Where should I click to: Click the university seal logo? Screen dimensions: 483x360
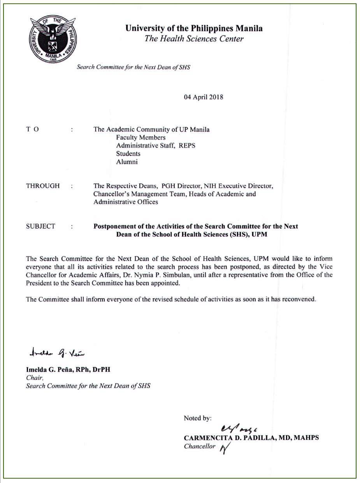point(53,41)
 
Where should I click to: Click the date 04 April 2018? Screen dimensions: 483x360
point(204,97)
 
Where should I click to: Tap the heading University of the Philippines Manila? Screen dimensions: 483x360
point(194,28)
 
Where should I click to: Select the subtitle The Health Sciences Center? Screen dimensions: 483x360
point(194,39)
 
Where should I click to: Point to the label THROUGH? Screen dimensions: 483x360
point(43,186)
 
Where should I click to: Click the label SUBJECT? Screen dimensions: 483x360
point(40,226)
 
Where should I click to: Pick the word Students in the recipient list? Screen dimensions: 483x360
point(128,154)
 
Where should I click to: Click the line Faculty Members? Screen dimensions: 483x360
point(140,137)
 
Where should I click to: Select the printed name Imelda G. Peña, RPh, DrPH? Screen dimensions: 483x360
point(70,370)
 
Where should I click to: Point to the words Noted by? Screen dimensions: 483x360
point(198,418)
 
